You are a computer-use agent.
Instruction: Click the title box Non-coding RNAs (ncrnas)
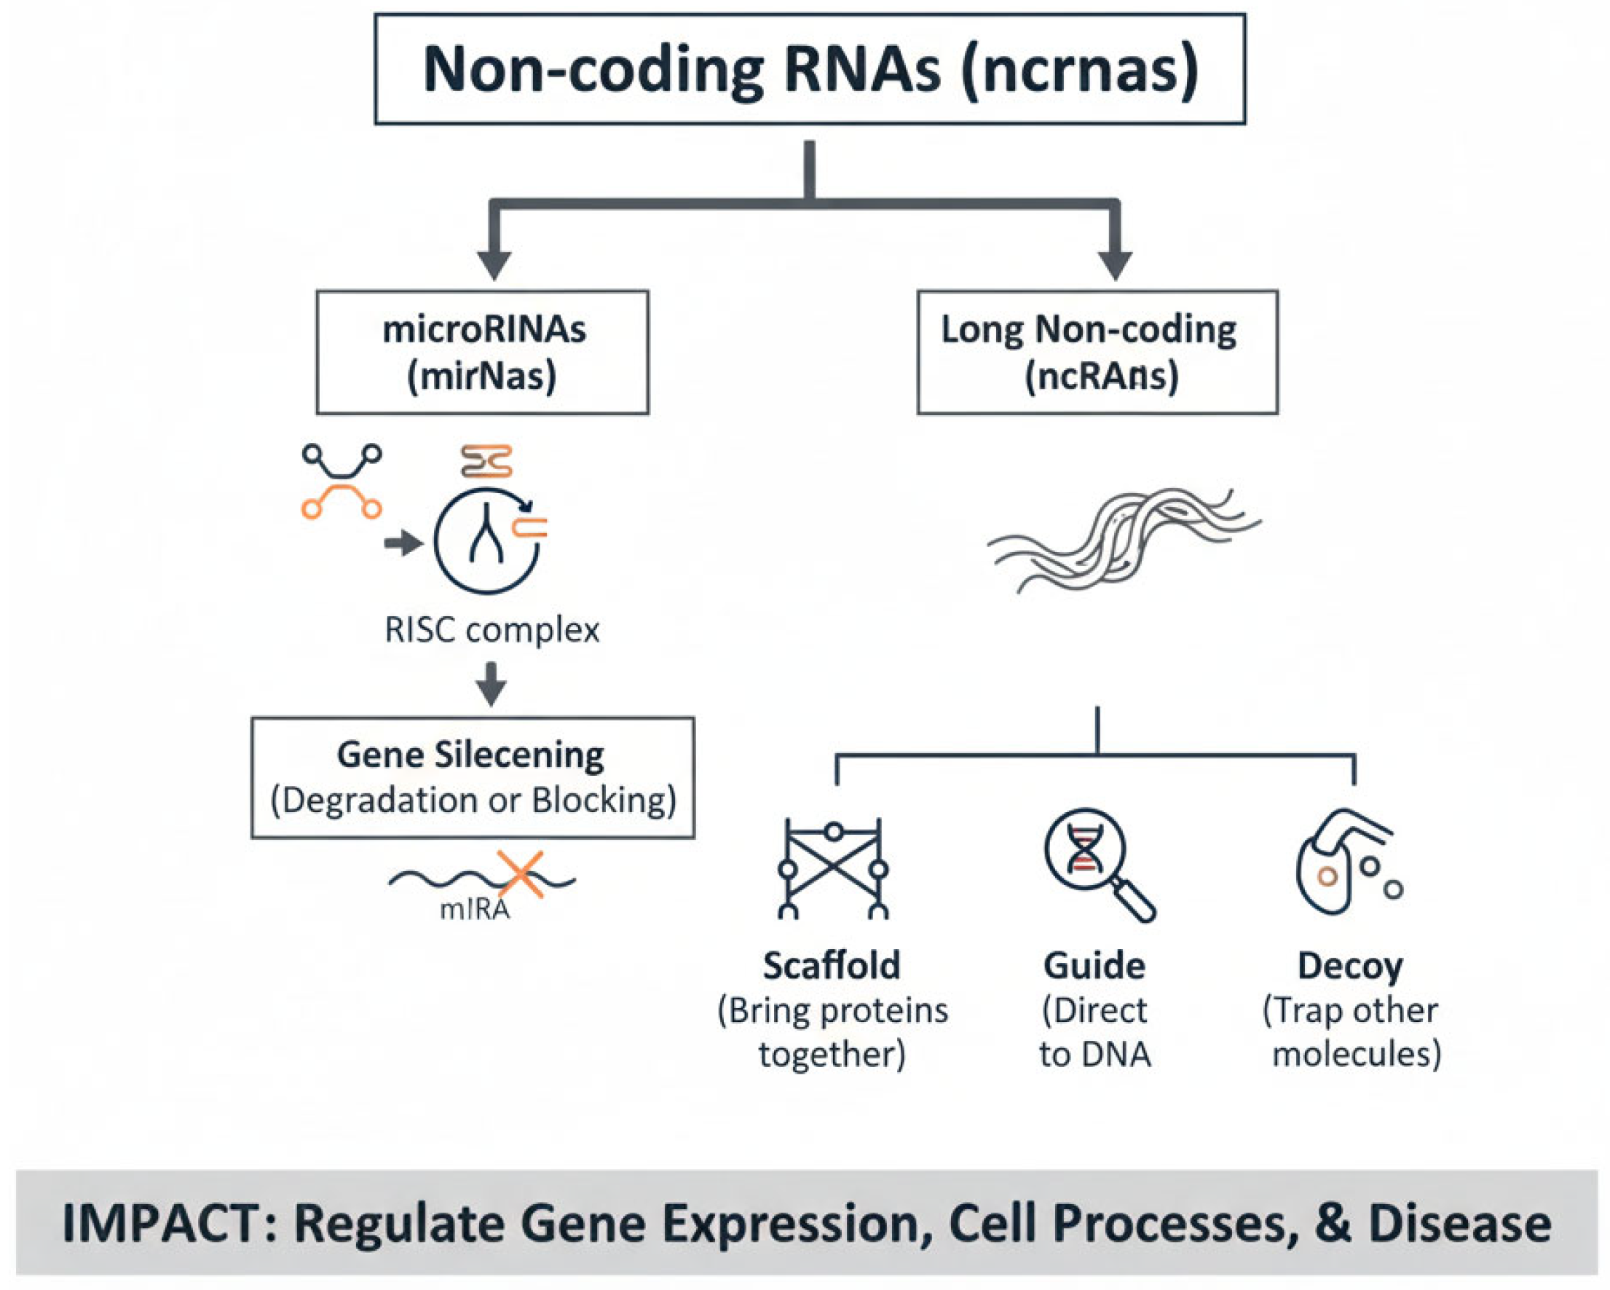pyautogui.click(x=810, y=68)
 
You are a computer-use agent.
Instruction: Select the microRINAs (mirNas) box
pyautogui.click(x=482, y=352)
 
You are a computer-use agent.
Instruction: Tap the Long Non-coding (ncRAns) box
pyautogui.click(x=1097, y=352)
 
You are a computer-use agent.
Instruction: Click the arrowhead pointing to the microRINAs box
pyautogui.click(x=494, y=264)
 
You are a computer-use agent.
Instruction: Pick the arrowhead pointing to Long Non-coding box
pyautogui.click(x=1116, y=264)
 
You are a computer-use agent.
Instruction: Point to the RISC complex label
pyautogui.click(x=492, y=629)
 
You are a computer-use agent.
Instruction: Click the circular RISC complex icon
pyautogui.click(x=487, y=541)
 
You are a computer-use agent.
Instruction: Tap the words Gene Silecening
pyautogui.click(x=470, y=755)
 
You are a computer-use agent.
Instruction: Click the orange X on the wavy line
pyautogui.click(x=521, y=874)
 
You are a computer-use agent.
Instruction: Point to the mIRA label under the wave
pyautogui.click(x=475, y=909)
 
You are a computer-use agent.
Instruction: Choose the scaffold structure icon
pyautogui.click(x=832, y=868)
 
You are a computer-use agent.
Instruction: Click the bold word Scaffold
pyautogui.click(x=831, y=966)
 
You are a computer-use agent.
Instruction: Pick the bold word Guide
pyautogui.click(x=1094, y=966)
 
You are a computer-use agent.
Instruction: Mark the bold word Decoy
pyautogui.click(x=1350, y=966)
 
